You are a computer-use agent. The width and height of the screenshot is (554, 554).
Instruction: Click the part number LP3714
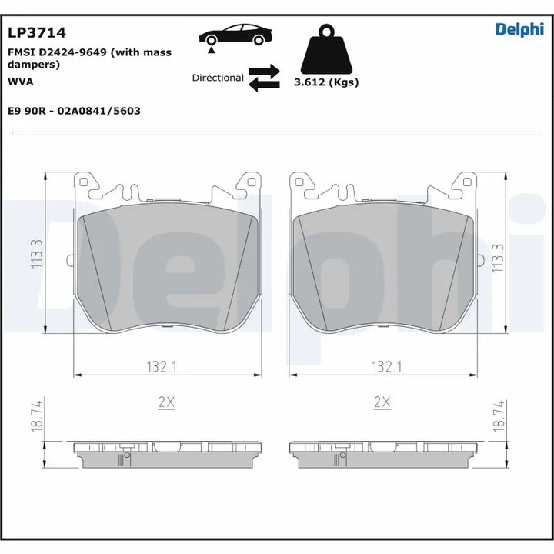pos(36,32)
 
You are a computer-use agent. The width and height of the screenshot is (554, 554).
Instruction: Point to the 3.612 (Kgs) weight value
pos(326,82)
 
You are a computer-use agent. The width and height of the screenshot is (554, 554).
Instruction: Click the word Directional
pos(218,78)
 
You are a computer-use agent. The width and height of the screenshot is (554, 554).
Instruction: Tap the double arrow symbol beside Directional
pos(264,78)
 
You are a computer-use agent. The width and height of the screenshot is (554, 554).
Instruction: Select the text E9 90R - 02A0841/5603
pos(73,111)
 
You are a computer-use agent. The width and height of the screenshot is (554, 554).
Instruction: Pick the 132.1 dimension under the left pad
pos(163,368)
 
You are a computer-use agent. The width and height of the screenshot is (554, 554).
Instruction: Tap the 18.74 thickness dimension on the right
pos(498,415)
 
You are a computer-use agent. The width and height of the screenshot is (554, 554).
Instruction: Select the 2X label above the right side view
pos(382,402)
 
